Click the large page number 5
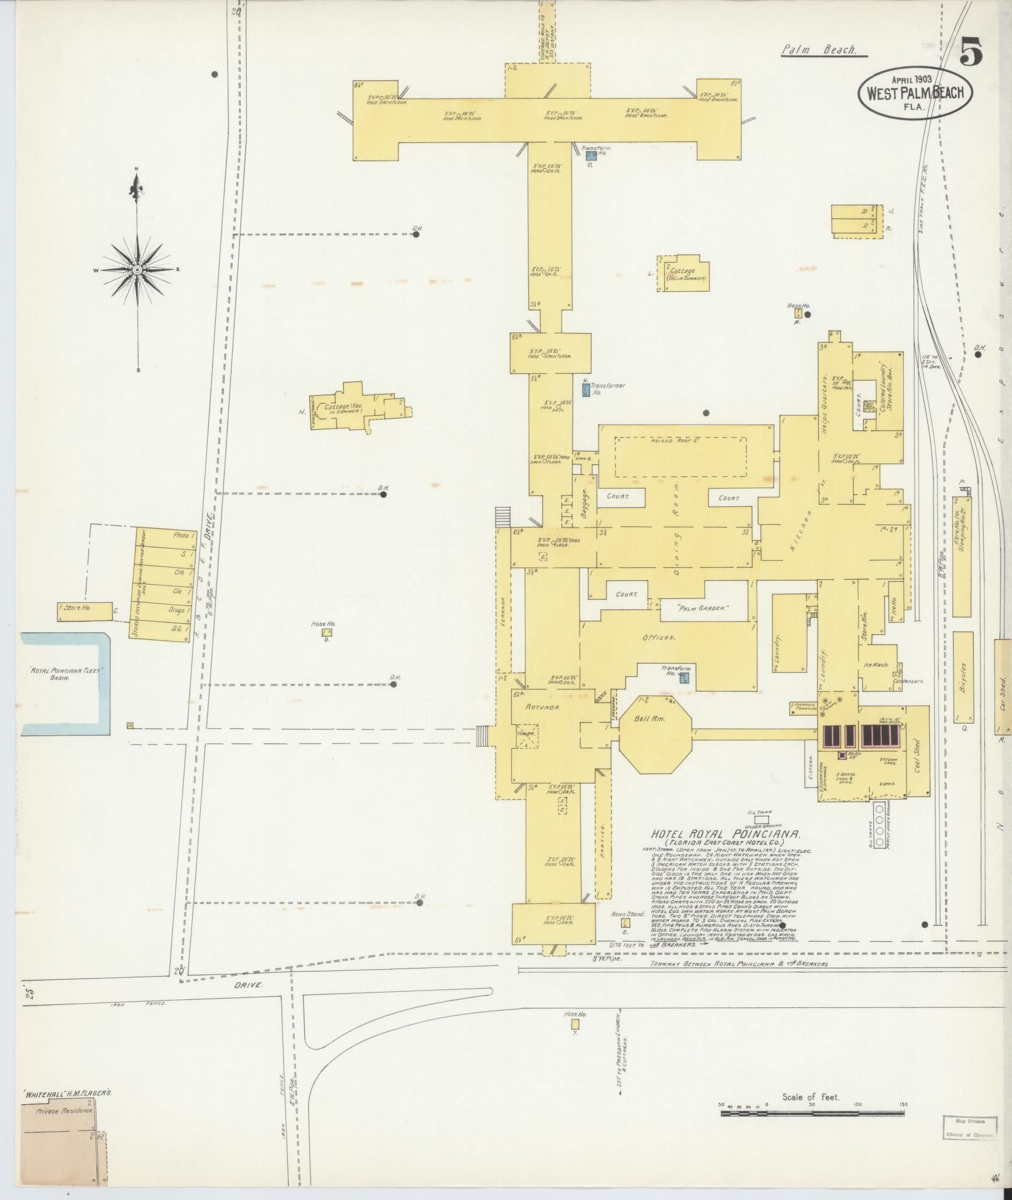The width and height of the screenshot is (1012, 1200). click(971, 51)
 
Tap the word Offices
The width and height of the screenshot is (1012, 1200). click(658, 637)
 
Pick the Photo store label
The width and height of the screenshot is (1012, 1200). click(181, 536)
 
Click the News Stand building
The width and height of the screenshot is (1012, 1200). click(626, 922)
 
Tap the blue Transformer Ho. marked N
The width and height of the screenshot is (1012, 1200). click(585, 390)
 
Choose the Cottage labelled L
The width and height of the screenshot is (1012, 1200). click(684, 273)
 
